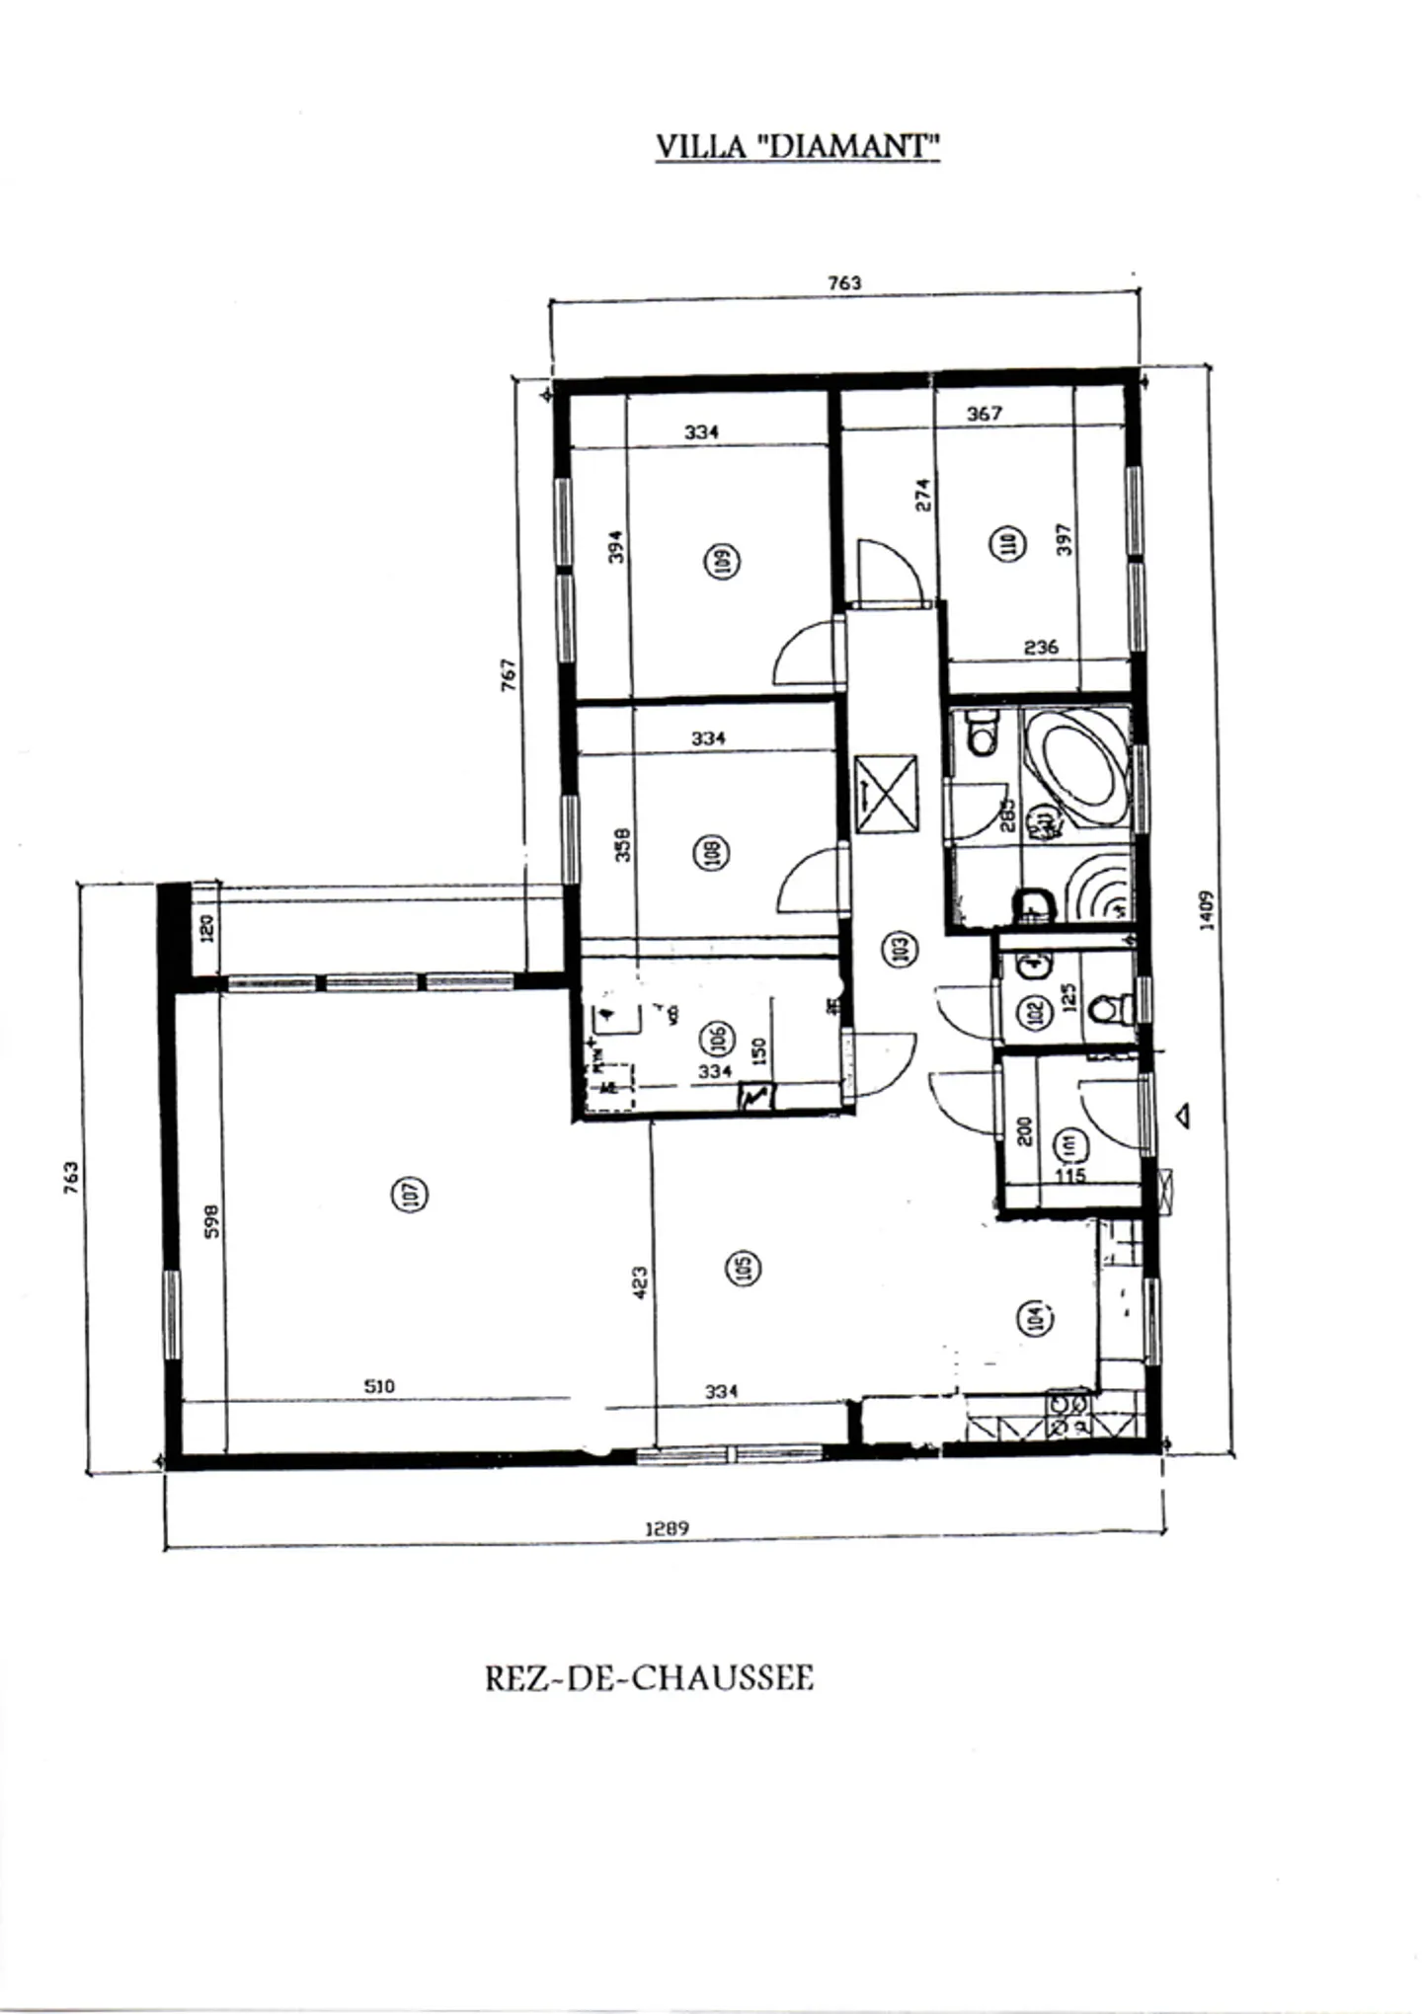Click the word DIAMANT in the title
851,146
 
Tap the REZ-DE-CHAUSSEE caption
649,1678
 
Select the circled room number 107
412,1194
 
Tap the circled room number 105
744,1269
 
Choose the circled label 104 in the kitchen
1035,1317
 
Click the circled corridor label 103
899,950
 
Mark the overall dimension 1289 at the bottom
667,1528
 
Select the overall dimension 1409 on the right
1206,909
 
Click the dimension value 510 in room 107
379,1386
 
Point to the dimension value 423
640,1282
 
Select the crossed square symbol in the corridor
886,794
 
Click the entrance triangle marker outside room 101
1182,1116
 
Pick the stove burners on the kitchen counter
1066,1414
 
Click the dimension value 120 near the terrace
206,928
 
